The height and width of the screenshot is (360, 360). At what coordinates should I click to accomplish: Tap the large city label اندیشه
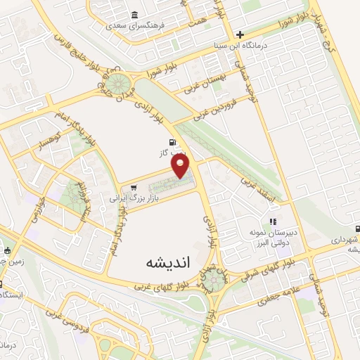149,262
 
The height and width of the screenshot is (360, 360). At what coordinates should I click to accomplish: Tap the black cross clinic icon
240,34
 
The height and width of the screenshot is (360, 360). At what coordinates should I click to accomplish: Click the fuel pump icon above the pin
173,141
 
